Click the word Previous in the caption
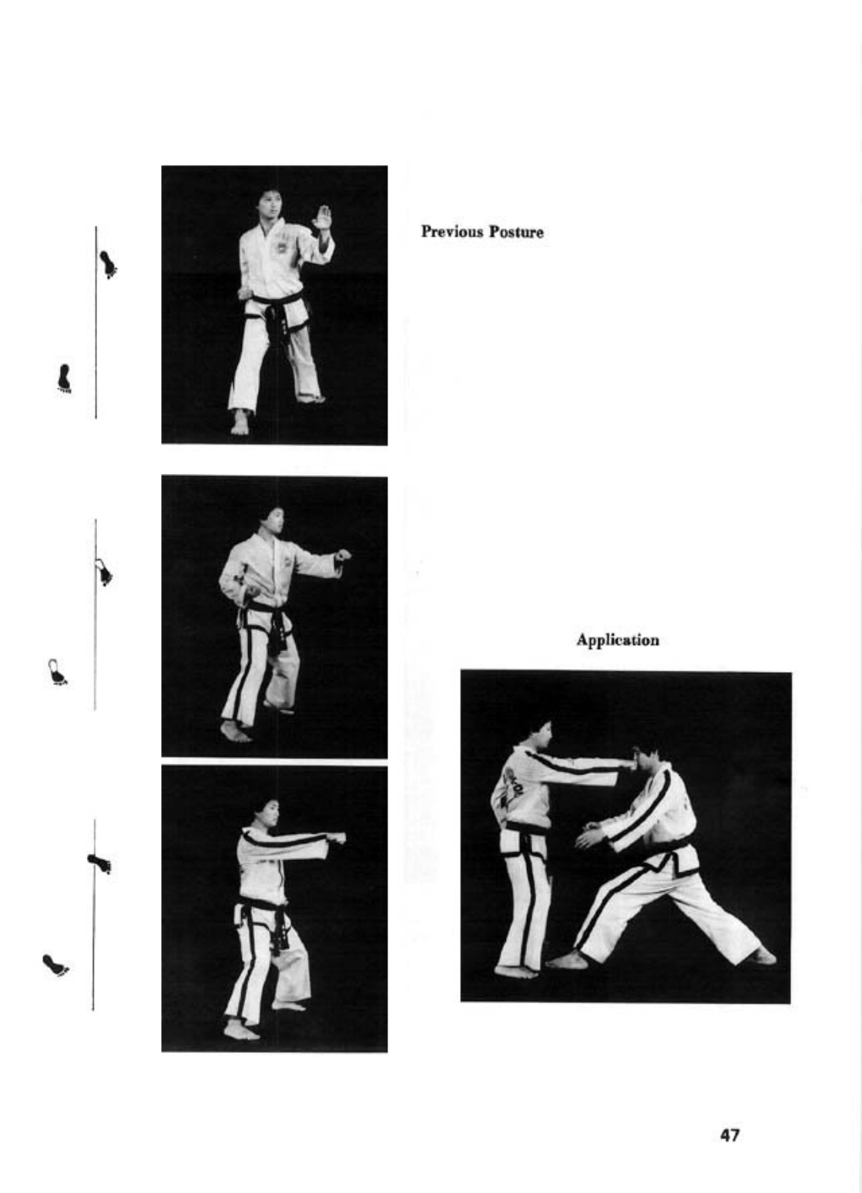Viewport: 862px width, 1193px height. (452, 232)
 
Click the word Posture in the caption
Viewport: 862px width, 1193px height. (516, 232)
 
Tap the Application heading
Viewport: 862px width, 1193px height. (618, 640)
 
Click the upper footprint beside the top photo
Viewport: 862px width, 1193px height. (109, 264)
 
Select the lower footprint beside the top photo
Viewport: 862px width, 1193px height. (65, 378)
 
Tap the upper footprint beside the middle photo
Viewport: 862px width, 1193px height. (103, 572)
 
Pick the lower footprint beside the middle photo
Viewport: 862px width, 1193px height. (56, 672)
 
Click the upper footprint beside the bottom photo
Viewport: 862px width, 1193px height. (99, 863)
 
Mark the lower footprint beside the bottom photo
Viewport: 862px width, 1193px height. (55, 966)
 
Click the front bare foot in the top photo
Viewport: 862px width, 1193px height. (240, 423)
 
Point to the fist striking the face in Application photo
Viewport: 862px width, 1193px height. (628, 765)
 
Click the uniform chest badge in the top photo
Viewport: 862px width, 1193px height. (280, 247)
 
